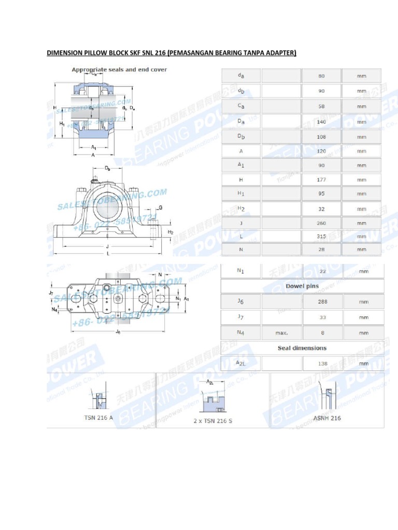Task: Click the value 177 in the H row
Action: [321, 180]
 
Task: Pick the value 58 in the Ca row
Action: [321, 106]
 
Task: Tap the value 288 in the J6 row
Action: [322, 301]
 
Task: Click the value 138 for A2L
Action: [322, 363]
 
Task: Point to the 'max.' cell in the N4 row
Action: [281, 333]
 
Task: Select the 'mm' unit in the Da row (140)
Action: [361, 122]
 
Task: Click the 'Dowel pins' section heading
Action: [302, 286]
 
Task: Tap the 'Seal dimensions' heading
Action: [302, 348]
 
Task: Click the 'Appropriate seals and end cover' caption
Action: [119, 69]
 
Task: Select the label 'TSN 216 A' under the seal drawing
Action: [98, 417]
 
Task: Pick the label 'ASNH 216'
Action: [327, 418]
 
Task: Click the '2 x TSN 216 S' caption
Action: [213, 421]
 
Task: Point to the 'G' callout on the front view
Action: [160, 208]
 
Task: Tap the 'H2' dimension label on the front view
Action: [170, 232]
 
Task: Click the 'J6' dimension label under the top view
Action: [119, 331]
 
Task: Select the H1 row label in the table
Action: [241, 194]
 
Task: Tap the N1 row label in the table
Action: [241, 271]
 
